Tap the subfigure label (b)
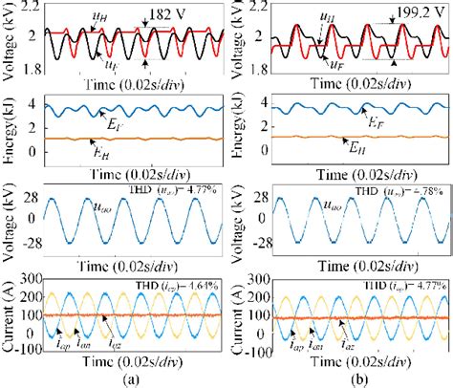click(357, 378)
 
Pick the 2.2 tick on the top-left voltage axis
click(32, 7)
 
